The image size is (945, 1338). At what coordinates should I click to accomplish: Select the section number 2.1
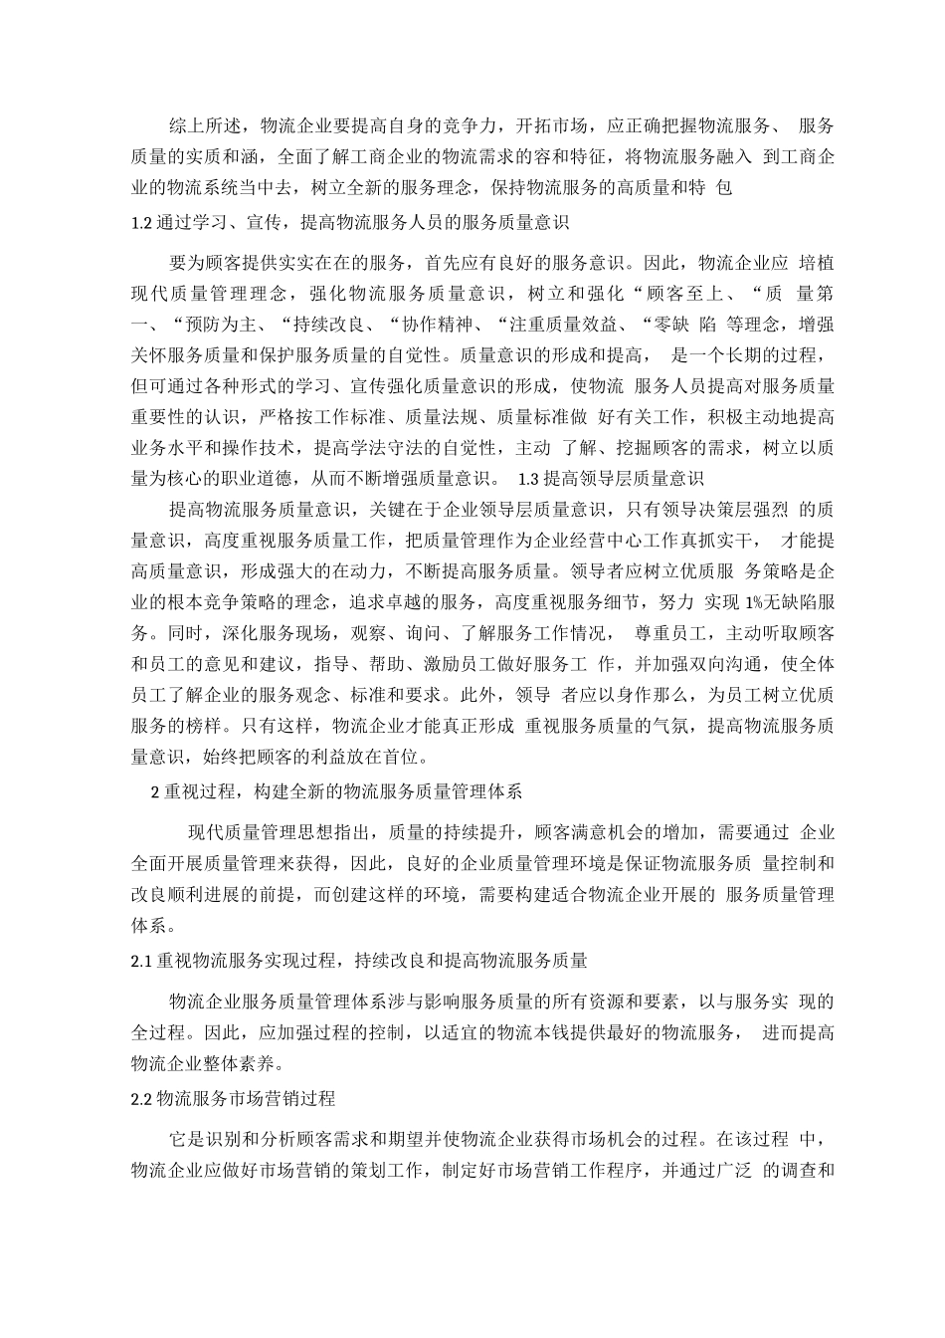[142, 961]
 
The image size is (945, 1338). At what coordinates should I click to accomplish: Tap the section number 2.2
[142, 1099]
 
